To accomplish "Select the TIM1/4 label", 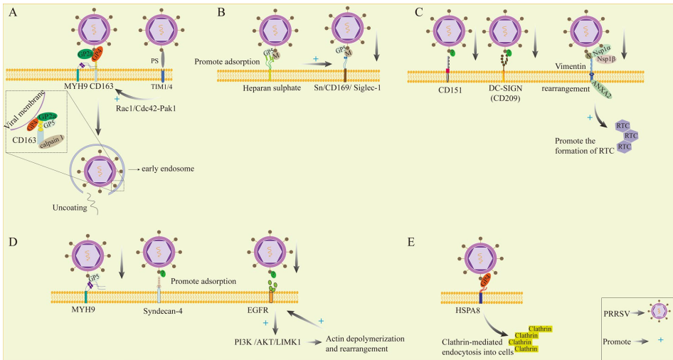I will pos(162,88).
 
